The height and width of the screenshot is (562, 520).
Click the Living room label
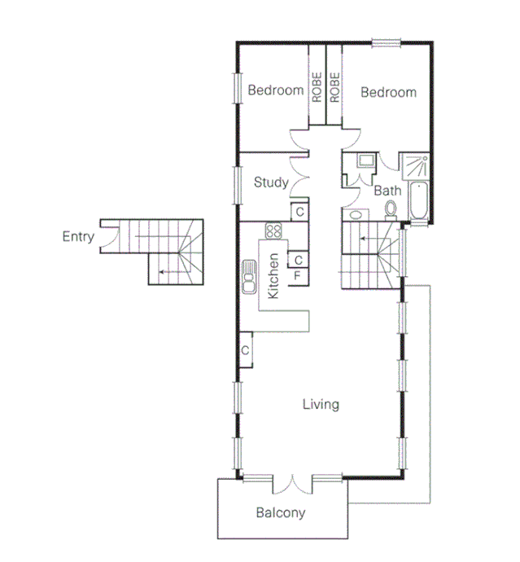[320, 404]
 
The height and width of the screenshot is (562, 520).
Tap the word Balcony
[281, 513]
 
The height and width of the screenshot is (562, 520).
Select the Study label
[270, 182]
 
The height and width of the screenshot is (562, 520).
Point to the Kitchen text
[274, 275]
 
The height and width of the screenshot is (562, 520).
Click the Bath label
[387, 191]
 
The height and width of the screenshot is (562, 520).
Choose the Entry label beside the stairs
[78, 237]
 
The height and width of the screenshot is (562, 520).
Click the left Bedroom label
[275, 91]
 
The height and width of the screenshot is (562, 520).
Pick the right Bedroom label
[388, 93]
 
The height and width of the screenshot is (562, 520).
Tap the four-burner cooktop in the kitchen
[273, 231]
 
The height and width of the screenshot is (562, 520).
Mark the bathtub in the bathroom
[418, 202]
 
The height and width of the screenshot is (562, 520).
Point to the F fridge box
[298, 275]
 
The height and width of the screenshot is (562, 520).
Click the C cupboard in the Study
[299, 212]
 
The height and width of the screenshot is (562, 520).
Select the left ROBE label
[317, 87]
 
